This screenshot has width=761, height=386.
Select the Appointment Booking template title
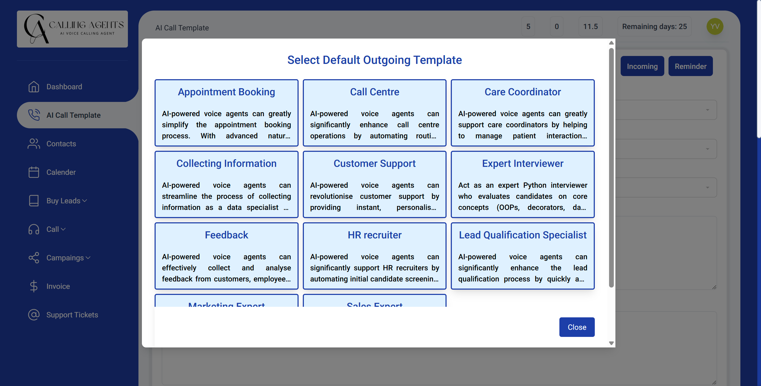[x=226, y=92]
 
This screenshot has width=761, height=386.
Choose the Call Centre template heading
[x=374, y=92]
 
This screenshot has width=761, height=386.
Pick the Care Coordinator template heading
[x=522, y=92]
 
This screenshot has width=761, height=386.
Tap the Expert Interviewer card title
[x=522, y=163]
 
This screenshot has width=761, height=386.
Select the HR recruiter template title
[x=374, y=235]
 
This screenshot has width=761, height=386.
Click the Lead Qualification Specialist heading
[x=522, y=235]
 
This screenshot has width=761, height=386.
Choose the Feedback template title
[x=226, y=235]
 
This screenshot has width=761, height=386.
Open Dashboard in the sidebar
[x=64, y=87]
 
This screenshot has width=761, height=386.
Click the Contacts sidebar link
[x=61, y=144]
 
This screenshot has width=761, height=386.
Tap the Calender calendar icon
[x=34, y=172]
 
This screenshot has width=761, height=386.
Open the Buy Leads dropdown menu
[x=67, y=201]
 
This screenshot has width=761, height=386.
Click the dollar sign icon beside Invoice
[x=34, y=286]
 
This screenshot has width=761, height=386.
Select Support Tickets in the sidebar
[x=72, y=315]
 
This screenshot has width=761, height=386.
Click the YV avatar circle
[x=714, y=27]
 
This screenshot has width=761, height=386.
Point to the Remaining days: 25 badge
[x=654, y=27]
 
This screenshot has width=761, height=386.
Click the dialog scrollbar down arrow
[x=611, y=343]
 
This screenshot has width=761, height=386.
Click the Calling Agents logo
[x=72, y=29]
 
